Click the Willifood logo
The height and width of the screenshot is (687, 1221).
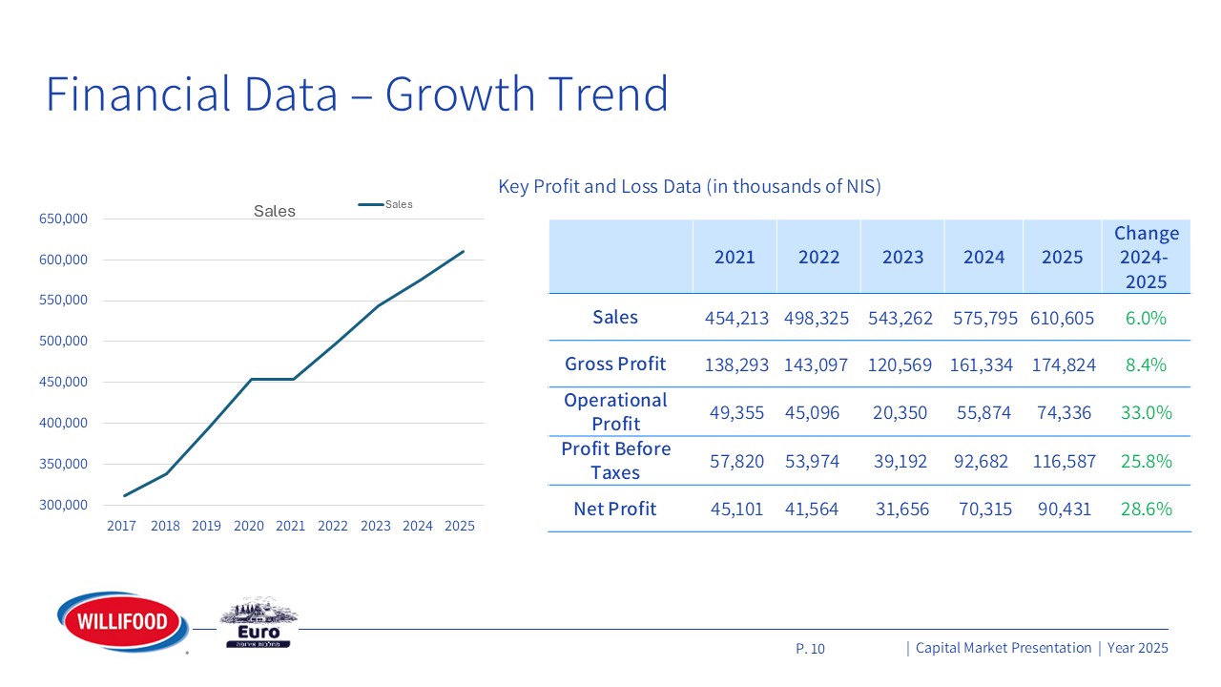(116, 622)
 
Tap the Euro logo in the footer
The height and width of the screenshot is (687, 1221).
(259, 626)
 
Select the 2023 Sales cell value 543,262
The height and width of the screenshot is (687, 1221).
(902, 318)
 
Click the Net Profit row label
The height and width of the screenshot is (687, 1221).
(615, 509)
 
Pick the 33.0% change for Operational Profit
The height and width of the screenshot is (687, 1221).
(1146, 412)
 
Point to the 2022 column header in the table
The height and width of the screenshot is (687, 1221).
(818, 257)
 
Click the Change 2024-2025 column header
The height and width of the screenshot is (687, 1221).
(1146, 257)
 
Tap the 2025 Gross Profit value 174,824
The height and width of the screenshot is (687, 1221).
(1063, 364)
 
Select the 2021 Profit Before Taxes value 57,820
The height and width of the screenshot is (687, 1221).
(736, 462)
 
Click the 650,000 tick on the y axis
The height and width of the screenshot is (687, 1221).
(64, 219)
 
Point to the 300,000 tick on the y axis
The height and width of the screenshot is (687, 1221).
(64, 505)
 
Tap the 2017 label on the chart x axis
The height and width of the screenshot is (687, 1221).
(121, 526)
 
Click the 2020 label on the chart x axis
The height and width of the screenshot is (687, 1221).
(248, 526)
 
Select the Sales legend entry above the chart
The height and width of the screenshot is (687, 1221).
(385, 204)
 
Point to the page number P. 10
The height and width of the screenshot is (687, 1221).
(810, 649)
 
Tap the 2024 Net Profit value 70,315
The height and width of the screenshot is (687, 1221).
(983, 509)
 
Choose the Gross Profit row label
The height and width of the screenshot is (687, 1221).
(615, 364)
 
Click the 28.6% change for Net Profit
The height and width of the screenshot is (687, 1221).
(1146, 509)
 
